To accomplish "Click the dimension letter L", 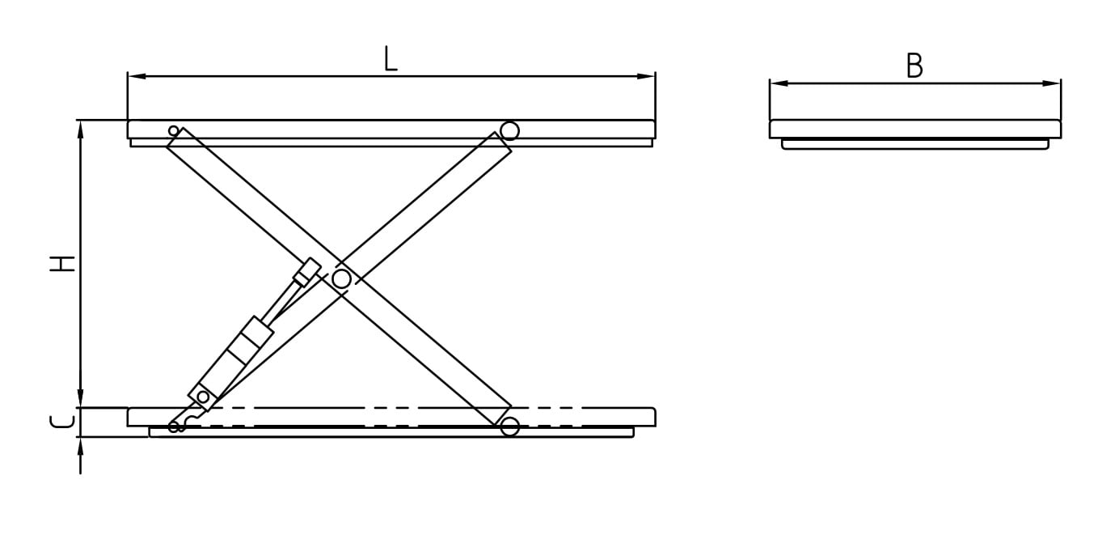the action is [x=391, y=58].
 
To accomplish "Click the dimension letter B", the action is [x=914, y=66].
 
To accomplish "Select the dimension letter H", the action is [x=62, y=264].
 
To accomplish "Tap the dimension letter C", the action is [x=62, y=422].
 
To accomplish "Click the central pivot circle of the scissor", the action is [x=342, y=279].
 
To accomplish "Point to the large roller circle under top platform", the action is [x=509, y=131].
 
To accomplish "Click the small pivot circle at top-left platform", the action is [x=173, y=131].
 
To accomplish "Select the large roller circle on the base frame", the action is [x=509, y=427].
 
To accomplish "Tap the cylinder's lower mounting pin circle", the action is [x=203, y=397].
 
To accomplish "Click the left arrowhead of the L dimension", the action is [x=137, y=77].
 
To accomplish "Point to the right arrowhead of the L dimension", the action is [x=646, y=77].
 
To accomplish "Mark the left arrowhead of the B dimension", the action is [x=779, y=83].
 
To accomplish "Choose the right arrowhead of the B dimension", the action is [x=1051, y=83].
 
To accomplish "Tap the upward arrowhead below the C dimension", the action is [x=80, y=446].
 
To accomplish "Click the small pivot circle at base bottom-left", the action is [x=173, y=427].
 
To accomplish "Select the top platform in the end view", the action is [x=914, y=129].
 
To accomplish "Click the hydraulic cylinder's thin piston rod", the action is [x=285, y=301].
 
